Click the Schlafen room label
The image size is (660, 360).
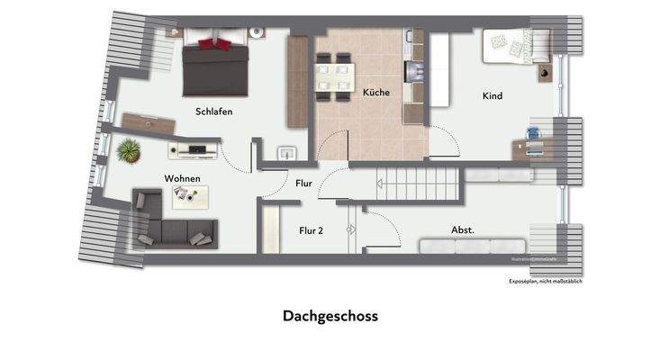point(214,112)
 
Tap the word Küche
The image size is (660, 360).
point(376,93)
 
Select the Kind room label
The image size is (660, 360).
point(492,95)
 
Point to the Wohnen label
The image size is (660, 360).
point(182,178)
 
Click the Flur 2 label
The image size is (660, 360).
point(312,230)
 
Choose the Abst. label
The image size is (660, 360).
point(463,230)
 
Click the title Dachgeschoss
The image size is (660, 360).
point(330,316)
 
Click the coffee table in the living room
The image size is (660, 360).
point(190,196)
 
